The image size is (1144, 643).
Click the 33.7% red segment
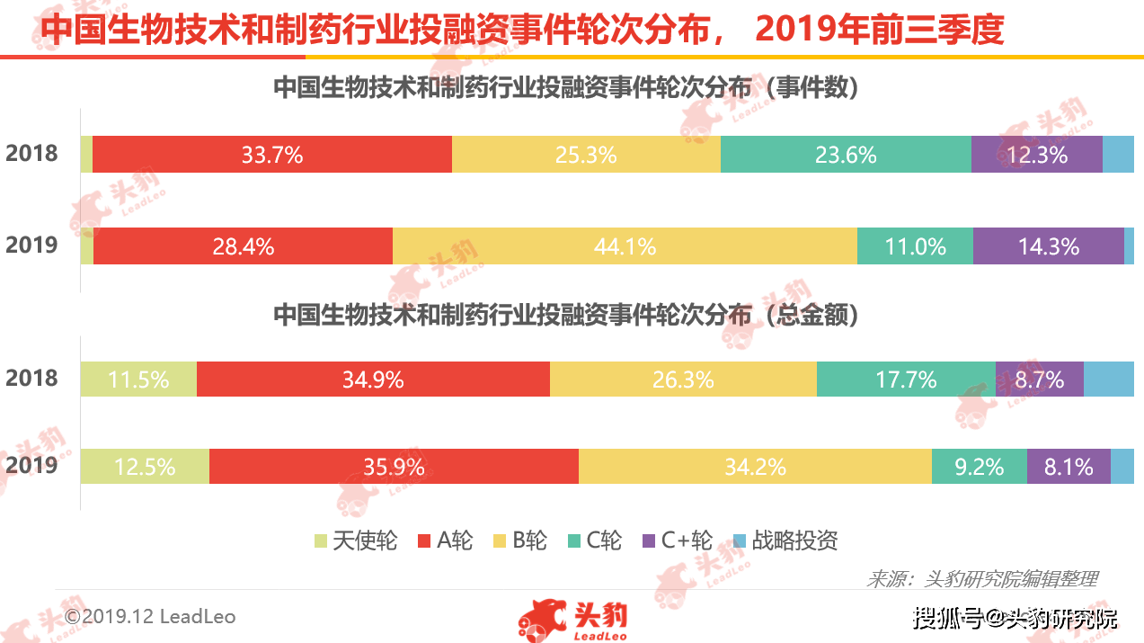tap(272, 155)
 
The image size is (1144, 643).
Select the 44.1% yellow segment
tap(625, 246)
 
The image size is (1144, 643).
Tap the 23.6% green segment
tap(846, 155)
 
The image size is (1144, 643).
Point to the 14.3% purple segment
tap(1049, 246)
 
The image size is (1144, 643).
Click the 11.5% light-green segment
tap(138, 380)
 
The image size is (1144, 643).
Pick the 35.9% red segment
tap(394, 466)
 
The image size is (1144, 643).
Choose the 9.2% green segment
tap(980, 466)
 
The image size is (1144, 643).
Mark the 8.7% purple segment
tap(1039, 380)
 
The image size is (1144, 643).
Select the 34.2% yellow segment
tap(756, 466)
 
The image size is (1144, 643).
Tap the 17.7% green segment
tap(906, 380)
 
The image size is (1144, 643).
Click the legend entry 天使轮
tap(356, 540)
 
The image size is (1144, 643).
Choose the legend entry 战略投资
tap(785, 540)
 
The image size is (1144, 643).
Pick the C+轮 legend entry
tap(678, 540)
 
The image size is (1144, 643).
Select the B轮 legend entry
tap(520, 540)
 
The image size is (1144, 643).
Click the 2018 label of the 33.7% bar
tap(31, 154)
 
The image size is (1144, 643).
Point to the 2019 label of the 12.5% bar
tap(31, 465)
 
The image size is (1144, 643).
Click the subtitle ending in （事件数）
tap(566, 87)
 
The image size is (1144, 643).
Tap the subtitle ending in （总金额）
tap(566, 315)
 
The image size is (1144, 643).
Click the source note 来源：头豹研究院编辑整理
tap(982, 579)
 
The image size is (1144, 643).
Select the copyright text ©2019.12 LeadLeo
tap(150, 616)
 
